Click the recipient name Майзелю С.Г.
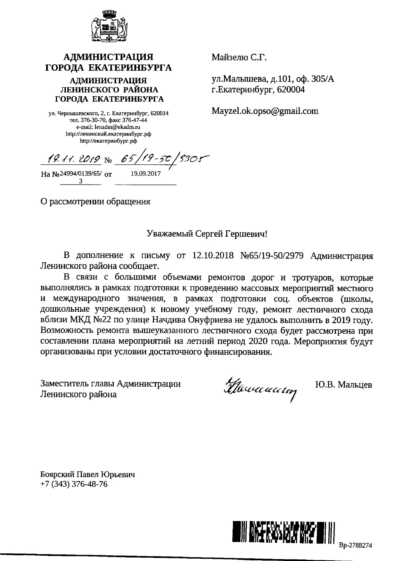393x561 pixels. tap(239, 58)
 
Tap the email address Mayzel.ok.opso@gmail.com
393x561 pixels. tap(265, 111)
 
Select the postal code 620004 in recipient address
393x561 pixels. tap(291, 90)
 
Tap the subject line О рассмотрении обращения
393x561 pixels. tap(95, 202)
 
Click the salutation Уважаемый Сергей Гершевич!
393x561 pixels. tap(207, 233)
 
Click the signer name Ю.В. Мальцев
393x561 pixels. tap(344, 385)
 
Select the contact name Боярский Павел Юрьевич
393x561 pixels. tap(88, 475)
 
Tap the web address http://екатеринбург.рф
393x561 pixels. tap(108, 141)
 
